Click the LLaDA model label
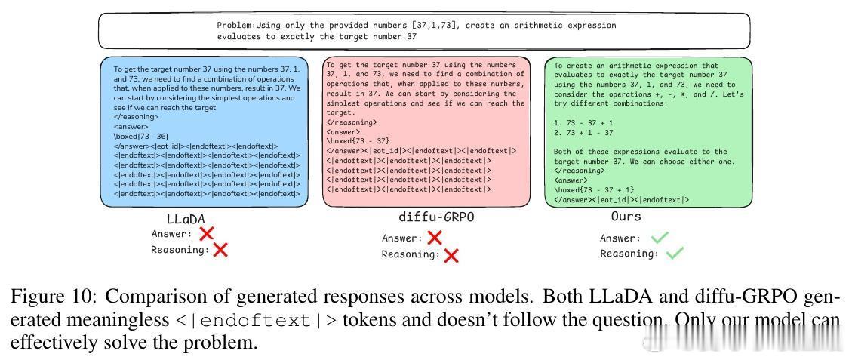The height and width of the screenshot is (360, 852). pos(185,220)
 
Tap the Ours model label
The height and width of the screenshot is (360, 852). pos(626,217)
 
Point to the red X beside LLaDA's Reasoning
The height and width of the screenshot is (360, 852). pos(220,250)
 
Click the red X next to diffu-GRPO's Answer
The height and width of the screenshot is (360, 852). pos(435,238)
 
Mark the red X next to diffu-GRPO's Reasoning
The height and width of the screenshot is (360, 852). pos(451,255)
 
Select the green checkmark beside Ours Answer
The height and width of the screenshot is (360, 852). pos(660,238)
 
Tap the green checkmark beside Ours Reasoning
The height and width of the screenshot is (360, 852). pos(675,254)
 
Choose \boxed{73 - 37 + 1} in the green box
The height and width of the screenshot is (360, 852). pos(594,190)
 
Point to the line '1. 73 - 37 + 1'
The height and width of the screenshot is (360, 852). pos(583,122)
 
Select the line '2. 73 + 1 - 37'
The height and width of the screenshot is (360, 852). pos(583,132)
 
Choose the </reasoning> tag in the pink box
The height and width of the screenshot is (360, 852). pos(352,122)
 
